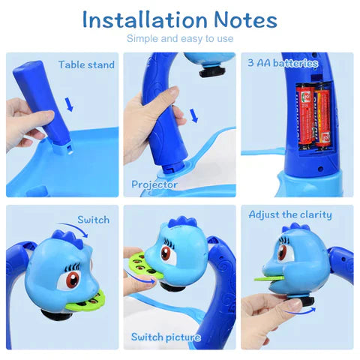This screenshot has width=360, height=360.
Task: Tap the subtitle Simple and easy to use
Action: click(180, 39)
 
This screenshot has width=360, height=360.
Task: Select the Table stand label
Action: click(86, 64)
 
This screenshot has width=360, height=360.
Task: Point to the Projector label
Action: click(154, 184)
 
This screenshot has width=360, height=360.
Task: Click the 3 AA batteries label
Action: click(283, 63)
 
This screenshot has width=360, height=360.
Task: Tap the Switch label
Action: click(94, 220)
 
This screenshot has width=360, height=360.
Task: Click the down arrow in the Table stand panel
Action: click(69, 102)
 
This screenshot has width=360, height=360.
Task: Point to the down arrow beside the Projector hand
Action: click(194, 115)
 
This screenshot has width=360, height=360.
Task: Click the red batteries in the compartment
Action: click(314, 112)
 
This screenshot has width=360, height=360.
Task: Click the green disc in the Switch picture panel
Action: click(139, 266)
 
